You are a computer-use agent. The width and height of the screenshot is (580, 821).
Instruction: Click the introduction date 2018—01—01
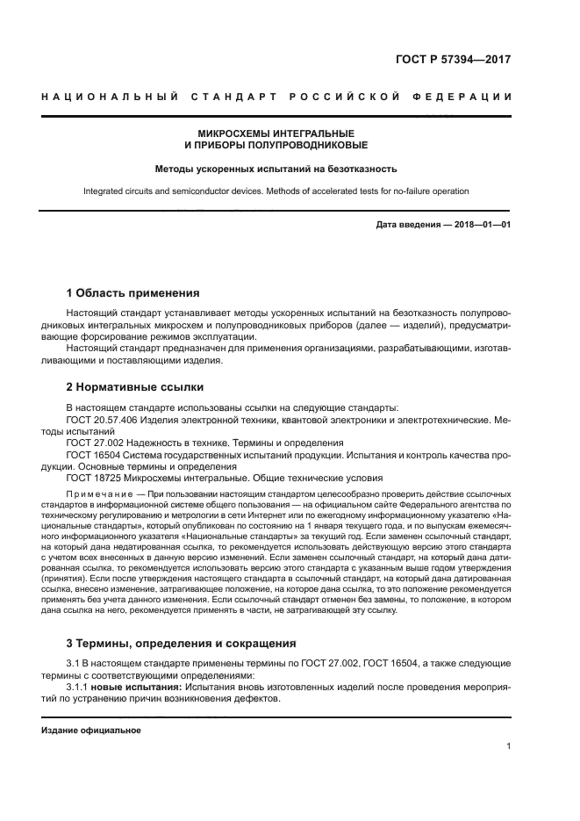482,225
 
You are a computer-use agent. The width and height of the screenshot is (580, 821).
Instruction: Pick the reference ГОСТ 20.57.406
102,420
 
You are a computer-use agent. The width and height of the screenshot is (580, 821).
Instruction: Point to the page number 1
508,746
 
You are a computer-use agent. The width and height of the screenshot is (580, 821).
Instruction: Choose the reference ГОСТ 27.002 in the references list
93,443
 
